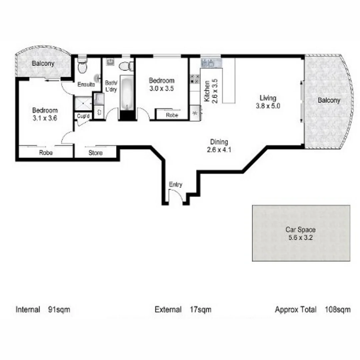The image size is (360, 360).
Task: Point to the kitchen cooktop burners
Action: [x=194, y=79]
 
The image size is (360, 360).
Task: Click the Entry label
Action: [x=176, y=185]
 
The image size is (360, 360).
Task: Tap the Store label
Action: [x=95, y=153]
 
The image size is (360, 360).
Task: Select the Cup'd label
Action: [x=83, y=116]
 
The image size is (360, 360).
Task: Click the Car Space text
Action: [x=300, y=230]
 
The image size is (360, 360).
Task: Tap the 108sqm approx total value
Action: [x=338, y=310]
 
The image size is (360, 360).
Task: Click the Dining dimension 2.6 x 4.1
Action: [x=219, y=150]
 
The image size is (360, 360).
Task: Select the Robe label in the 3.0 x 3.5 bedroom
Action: [x=172, y=115]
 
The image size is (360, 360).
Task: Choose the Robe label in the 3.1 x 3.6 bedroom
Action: [x=46, y=153]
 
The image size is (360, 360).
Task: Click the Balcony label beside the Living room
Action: [x=329, y=100]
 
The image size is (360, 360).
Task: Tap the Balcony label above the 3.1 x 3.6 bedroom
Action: [x=43, y=63]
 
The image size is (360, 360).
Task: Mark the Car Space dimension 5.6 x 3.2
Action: [x=300, y=238]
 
